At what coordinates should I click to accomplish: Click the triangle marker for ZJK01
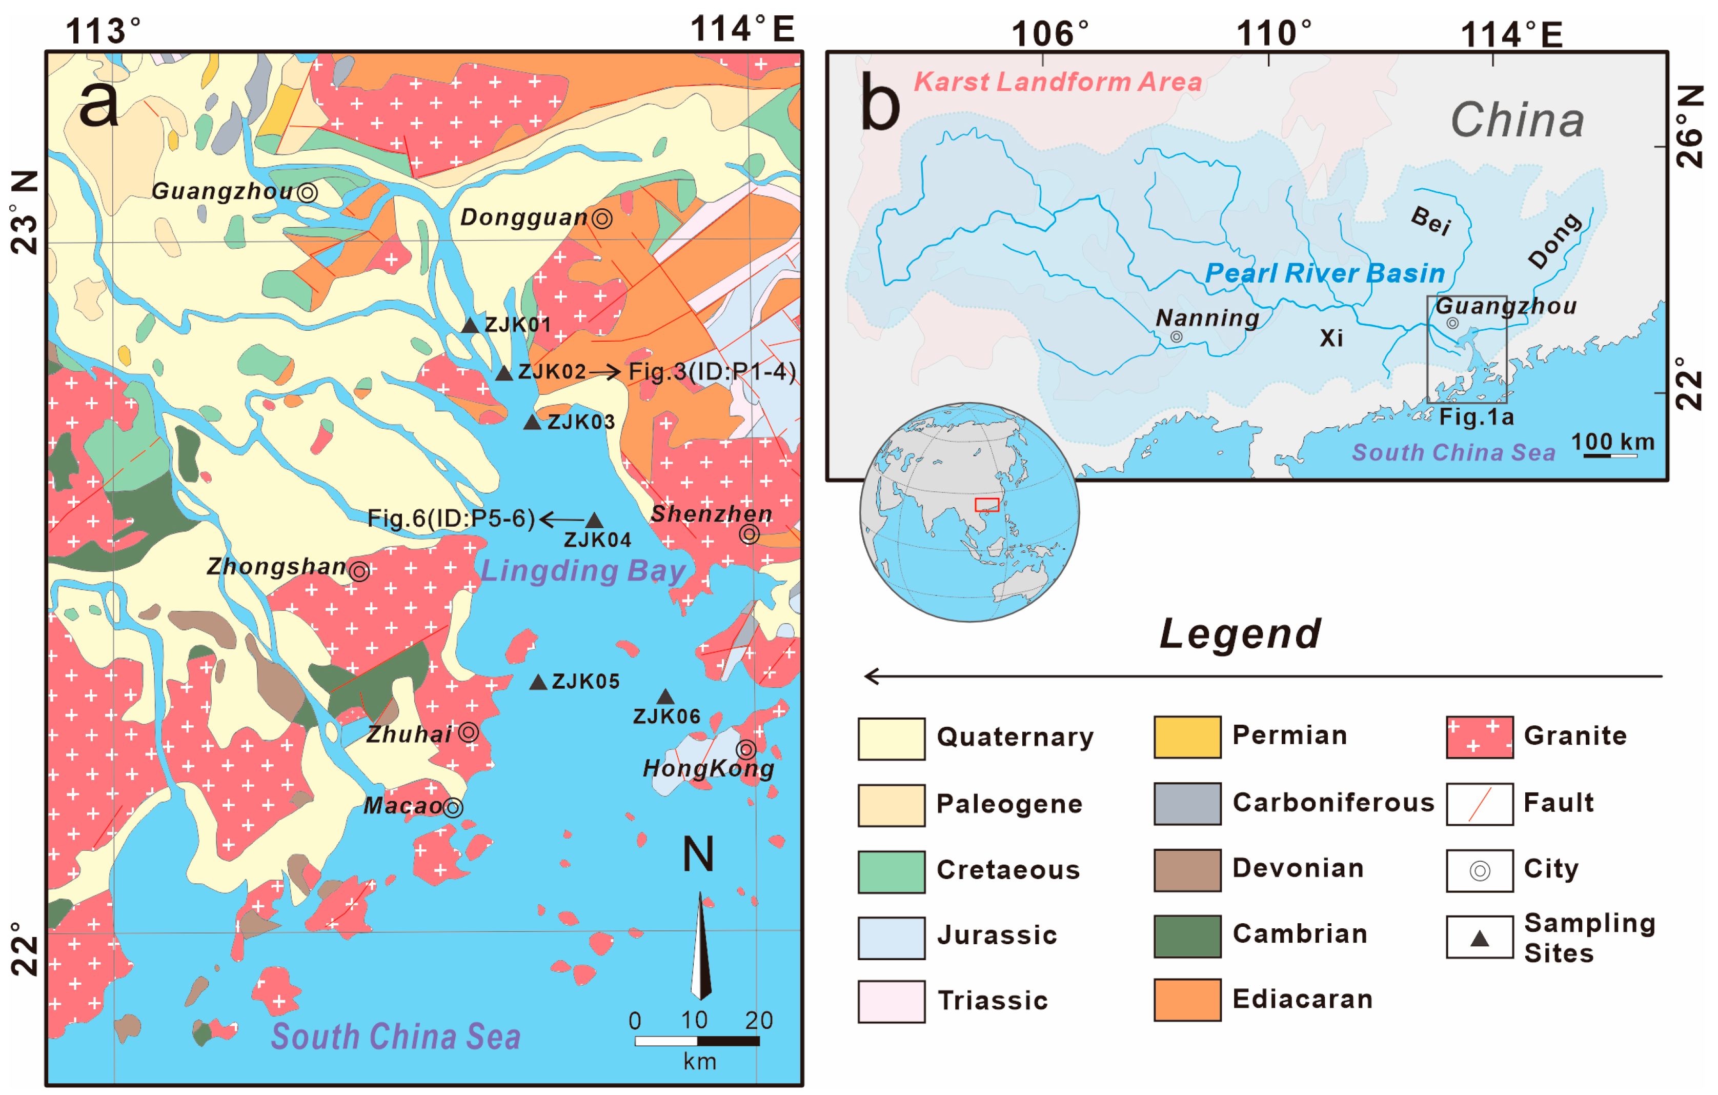470,326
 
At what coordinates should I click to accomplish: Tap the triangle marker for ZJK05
539,683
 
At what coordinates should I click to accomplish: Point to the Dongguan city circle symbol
602,218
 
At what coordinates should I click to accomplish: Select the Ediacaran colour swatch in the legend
1186,1000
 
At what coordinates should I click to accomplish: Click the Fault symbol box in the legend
1479,804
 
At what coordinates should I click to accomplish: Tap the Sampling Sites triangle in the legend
1479,939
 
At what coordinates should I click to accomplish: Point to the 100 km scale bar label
1612,443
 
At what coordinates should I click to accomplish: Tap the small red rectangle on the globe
987,505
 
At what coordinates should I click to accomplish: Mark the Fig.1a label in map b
1476,417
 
